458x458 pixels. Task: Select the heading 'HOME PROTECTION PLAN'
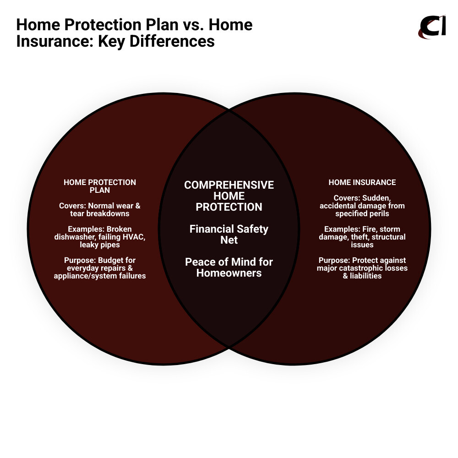tap(100, 186)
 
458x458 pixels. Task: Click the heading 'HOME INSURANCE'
tap(362, 182)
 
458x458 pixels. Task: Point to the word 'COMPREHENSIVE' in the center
tap(229, 185)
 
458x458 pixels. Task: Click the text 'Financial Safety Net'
tap(229, 234)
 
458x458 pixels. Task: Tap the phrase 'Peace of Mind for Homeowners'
tap(229, 267)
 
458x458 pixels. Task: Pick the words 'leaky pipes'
tap(100, 245)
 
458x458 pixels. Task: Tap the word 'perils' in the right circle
tap(378, 213)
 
